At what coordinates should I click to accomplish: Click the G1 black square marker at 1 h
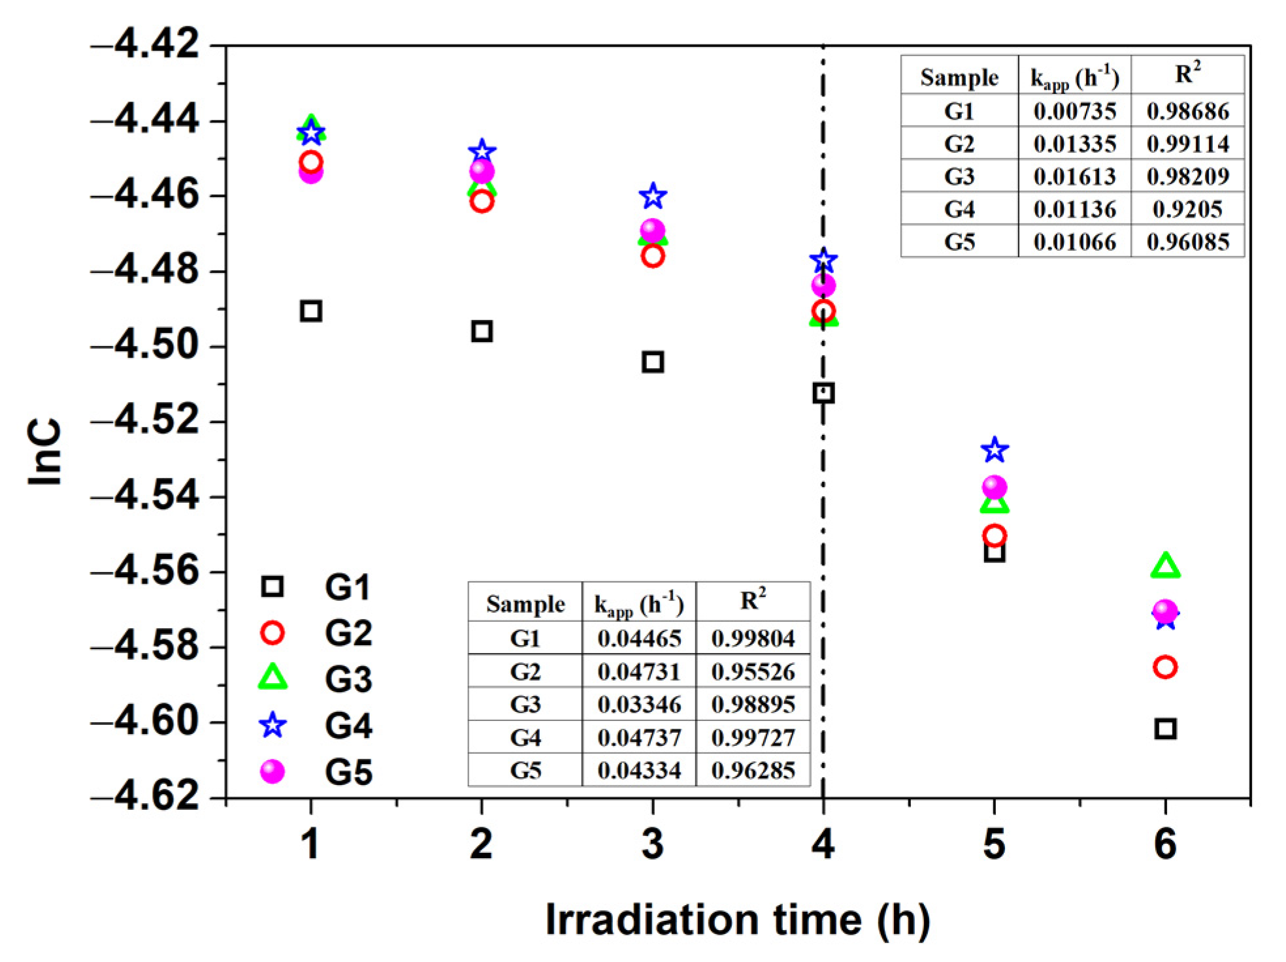[311, 311]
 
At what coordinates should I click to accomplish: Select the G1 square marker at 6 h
[1165, 728]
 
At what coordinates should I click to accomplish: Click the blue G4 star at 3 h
[653, 195]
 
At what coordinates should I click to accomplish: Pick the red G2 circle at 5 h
[995, 536]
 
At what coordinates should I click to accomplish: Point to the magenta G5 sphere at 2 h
[482, 172]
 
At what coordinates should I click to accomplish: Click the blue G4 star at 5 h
[995, 449]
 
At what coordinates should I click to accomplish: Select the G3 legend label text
[348, 679]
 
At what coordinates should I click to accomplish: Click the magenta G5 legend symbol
[272, 771]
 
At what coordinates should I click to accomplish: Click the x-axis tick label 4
[823, 844]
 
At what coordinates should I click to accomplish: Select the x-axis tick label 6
[1165, 844]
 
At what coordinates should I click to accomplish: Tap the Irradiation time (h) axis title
[737, 920]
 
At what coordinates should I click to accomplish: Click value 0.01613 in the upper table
[1074, 176]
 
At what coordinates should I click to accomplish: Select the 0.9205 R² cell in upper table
[1187, 209]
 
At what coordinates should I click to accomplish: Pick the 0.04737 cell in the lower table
[638, 737]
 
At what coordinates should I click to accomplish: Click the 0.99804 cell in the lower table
[753, 638]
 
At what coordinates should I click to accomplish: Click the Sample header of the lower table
[525, 604]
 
